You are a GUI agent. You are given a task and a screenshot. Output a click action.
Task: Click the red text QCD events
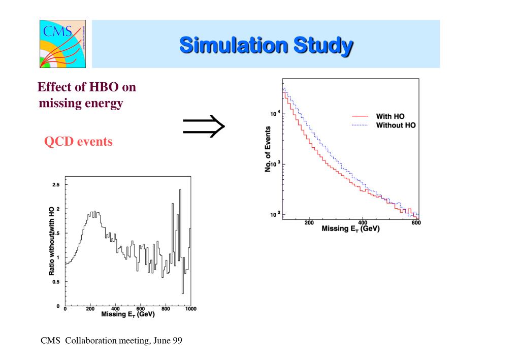(78, 142)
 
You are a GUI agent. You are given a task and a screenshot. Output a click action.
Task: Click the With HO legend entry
(390, 116)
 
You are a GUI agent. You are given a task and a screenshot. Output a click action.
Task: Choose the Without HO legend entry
(395, 125)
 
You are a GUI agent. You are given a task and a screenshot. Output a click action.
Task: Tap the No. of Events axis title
(268, 149)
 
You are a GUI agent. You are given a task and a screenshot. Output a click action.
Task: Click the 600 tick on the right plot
(416, 222)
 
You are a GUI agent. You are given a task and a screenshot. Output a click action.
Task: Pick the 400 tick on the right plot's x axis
(363, 222)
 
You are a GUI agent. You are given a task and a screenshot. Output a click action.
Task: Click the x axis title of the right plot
(350, 229)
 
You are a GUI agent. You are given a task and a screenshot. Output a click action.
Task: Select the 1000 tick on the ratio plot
(190, 309)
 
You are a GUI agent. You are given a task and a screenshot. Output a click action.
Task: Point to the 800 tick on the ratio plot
(166, 309)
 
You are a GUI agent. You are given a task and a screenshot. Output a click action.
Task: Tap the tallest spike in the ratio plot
(180, 190)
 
